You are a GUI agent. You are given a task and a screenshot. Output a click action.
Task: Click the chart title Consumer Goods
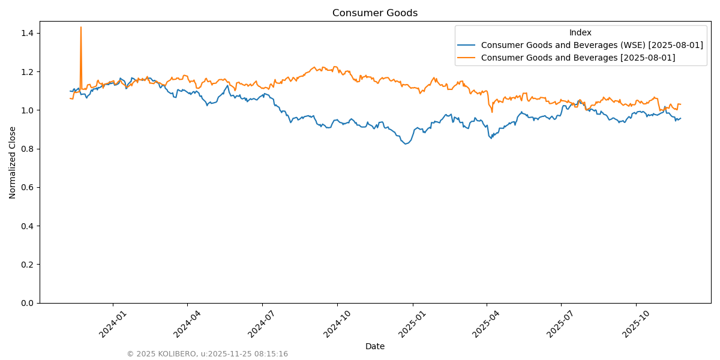(x=375, y=13)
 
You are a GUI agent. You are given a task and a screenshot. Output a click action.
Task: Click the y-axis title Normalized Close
(x=13, y=162)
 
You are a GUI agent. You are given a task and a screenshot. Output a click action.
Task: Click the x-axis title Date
(x=375, y=346)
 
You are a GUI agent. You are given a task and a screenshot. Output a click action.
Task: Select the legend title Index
(x=580, y=32)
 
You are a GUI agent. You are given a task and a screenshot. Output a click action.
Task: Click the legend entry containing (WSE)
(x=592, y=45)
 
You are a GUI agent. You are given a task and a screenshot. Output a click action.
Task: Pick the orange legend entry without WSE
(x=578, y=58)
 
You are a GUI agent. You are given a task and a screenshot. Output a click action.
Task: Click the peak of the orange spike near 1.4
(x=81, y=27)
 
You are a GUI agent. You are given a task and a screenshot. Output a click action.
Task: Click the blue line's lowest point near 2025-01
(x=406, y=144)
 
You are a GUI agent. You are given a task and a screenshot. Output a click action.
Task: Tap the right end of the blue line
(x=680, y=118)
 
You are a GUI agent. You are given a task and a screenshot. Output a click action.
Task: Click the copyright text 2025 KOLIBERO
(x=207, y=354)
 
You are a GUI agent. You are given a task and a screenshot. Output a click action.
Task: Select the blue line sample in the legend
(x=466, y=45)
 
